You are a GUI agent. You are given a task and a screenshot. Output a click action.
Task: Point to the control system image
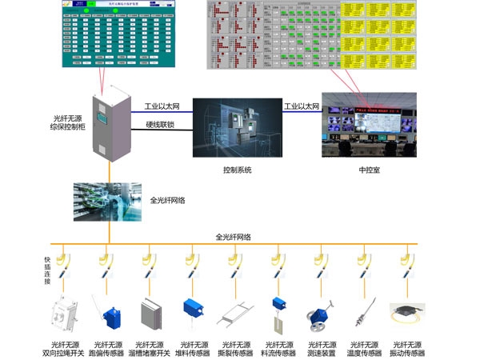tap(238, 130)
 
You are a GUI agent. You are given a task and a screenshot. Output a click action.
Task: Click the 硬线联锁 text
tap(162, 124)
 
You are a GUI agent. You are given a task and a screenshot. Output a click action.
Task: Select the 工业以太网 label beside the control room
tap(302, 106)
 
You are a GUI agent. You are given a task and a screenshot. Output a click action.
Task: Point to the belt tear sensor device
tap(238, 314)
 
